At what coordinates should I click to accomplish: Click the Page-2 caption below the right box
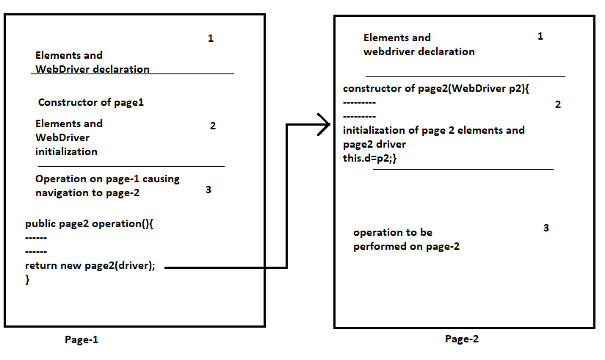pyautogui.click(x=462, y=339)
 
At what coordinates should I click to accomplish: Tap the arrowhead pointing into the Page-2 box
pyautogui.click(x=324, y=125)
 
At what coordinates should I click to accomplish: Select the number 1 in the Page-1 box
pyautogui.click(x=211, y=38)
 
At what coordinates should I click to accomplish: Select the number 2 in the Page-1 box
pyautogui.click(x=213, y=126)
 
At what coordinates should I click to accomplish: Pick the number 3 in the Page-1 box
pyautogui.click(x=209, y=190)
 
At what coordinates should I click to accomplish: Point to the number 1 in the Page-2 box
pyautogui.click(x=541, y=36)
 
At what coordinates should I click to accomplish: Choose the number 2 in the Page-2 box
pyautogui.click(x=558, y=105)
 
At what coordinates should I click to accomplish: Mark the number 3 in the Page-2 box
pyautogui.click(x=546, y=228)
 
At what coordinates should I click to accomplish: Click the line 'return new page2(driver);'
pyautogui.click(x=90, y=266)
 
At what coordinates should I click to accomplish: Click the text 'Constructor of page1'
pyautogui.click(x=91, y=103)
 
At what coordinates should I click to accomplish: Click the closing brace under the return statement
pyautogui.click(x=28, y=280)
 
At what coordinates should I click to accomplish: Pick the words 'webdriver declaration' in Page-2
pyautogui.click(x=419, y=52)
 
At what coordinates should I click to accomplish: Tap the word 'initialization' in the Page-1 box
pyautogui.click(x=66, y=152)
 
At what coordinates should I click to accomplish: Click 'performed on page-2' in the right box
pyautogui.click(x=406, y=246)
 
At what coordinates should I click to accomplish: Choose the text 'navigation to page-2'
pyautogui.click(x=87, y=192)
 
